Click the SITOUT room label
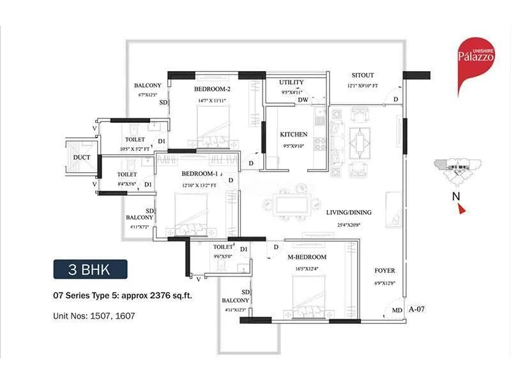coord(363,75)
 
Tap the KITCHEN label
coord(293,134)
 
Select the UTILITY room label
coord(292,83)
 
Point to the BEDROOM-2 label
coord(212,89)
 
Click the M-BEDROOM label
coord(308,257)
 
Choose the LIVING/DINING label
coord(348,212)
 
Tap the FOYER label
coord(385,270)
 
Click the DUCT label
coord(81,157)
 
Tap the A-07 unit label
coord(416,308)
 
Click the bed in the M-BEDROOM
coord(310,293)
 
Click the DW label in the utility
coord(303,99)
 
